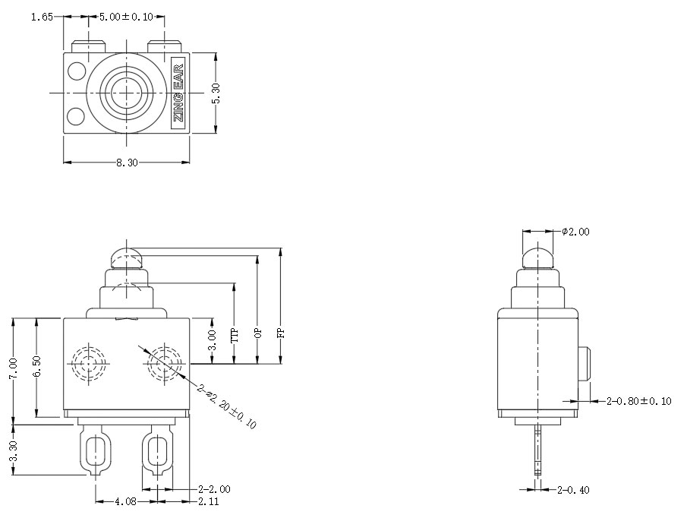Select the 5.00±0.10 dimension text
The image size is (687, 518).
click(126, 17)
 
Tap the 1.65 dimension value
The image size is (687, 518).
click(42, 17)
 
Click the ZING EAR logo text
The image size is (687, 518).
click(178, 92)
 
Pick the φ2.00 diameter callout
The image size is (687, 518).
click(575, 232)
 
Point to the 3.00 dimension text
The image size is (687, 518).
click(213, 339)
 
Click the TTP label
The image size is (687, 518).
click(235, 335)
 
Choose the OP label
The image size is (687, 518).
click(258, 333)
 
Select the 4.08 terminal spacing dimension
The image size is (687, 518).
click(125, 502)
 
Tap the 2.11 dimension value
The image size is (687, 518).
click(210, 502)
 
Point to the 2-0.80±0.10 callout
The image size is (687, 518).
click(639, 401)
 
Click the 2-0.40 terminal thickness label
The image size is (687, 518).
click(573, 490)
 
